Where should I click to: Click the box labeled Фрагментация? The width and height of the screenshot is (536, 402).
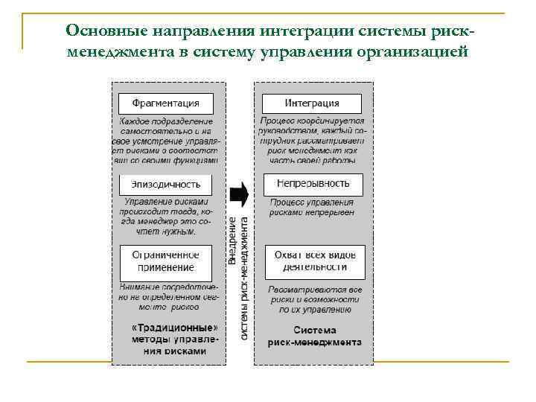[165, 103]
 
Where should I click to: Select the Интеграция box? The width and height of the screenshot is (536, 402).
[312, 103]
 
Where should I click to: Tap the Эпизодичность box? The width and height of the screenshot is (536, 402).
[165, 184]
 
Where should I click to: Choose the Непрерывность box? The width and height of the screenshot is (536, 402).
[313, 183]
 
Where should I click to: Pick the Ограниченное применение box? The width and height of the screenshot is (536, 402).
[165, 261]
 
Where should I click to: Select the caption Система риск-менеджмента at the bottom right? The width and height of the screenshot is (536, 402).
[314, 336]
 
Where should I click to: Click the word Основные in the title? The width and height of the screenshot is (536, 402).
[104, 31]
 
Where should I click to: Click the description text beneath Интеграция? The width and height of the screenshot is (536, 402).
[313, 140]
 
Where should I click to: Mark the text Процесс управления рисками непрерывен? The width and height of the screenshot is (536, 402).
[312, 207]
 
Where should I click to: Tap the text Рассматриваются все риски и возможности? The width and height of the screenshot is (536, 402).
[314, 299]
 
